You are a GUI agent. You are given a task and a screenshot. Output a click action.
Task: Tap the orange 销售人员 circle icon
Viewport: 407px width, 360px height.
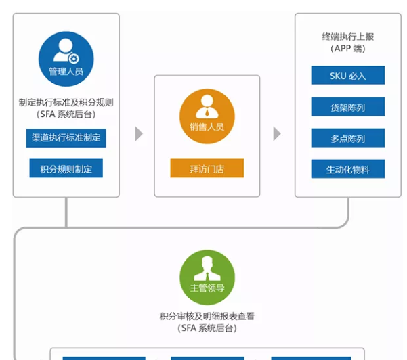207,115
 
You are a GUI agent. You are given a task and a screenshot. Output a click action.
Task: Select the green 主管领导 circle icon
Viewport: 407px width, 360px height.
207,277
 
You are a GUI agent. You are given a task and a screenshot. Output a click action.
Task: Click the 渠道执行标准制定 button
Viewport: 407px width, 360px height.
66,137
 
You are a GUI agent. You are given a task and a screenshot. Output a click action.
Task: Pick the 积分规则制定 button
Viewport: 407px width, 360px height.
66,168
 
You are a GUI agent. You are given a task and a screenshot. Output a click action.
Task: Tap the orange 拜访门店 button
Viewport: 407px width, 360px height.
207,168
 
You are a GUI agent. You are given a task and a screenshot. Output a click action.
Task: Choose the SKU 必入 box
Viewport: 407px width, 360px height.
347,75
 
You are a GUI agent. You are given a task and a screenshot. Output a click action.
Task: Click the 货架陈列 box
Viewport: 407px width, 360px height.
347,106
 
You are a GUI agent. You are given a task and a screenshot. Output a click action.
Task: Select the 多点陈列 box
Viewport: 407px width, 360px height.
347,138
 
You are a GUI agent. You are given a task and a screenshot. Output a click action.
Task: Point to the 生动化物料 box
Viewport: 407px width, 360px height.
347,169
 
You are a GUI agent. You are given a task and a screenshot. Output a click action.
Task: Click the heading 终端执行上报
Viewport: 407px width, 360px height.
347,37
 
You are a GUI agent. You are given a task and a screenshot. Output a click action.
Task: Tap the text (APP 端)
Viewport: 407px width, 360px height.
347,49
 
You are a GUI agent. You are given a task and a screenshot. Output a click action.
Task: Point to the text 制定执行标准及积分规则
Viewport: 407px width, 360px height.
66,103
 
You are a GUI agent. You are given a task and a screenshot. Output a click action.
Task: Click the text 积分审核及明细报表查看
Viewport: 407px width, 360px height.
207,316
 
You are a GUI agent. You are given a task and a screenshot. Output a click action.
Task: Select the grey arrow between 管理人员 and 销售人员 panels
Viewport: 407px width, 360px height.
139,133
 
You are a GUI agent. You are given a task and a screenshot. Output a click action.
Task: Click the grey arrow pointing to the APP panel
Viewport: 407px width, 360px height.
276,133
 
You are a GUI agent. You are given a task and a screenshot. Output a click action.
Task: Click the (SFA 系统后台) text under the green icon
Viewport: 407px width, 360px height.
207,328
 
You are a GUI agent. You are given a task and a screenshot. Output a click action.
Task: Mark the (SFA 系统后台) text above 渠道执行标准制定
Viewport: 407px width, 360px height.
66,114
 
